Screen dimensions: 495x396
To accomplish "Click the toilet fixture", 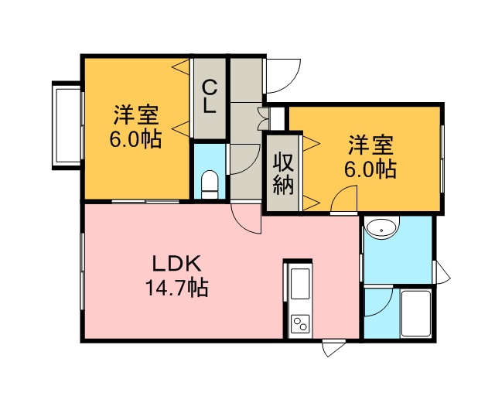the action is [210, 185].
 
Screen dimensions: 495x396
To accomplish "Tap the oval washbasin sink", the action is [381, 230].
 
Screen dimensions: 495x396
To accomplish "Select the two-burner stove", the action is [300, 324].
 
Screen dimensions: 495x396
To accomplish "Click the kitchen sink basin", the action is [300, 283].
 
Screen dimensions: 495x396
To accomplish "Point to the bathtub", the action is [416, 313].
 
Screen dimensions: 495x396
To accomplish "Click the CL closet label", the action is [210, 97].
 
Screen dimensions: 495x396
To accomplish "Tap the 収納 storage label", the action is [283, 173].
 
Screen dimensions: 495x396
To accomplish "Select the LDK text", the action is [177, 264].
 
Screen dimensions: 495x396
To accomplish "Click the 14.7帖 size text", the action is [176, 288].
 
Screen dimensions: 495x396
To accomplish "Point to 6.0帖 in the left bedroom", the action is [135, 138].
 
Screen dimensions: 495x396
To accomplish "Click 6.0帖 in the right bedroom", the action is [370, 169].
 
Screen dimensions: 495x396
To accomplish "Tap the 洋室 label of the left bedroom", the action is [136, 114].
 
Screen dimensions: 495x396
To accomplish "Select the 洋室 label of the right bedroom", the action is [370, 145].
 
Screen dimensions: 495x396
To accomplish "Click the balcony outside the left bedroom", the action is [67, 125].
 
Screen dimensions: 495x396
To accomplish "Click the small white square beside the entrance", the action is [278, 118].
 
